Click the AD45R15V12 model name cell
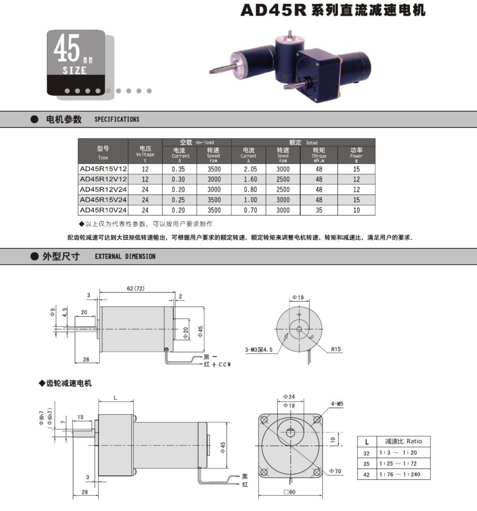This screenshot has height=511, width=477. tap(103, 169)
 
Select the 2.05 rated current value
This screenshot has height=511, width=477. tap(250, 169)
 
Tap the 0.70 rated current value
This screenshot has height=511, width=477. tap(250, 210)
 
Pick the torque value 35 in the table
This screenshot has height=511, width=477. tap(319, 210)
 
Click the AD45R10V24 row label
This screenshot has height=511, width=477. tap(103, 210)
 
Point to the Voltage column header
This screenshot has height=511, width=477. tap(145, 154)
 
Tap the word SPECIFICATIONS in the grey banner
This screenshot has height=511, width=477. tap(117, 119)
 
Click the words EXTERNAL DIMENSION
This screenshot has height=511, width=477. tap(125, 256)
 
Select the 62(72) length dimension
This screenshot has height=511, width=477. tap(136, 288)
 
